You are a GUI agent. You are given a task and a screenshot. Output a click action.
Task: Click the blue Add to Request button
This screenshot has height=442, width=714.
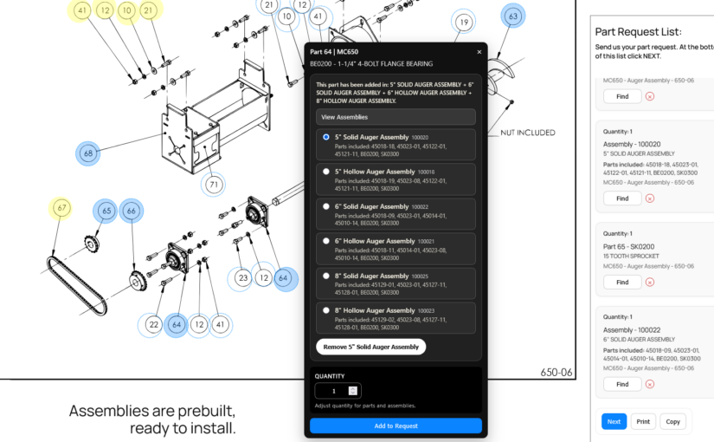396,426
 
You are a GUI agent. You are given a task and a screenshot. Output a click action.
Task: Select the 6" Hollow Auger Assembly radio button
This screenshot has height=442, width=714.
326,241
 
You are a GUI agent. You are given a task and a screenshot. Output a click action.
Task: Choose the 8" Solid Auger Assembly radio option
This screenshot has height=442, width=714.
326,276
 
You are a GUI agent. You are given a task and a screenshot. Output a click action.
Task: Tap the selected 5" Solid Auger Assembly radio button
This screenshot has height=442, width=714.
326,137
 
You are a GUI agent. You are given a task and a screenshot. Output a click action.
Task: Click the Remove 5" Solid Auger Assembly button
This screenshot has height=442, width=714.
370,347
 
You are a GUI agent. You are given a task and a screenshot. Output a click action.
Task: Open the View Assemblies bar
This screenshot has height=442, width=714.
396,117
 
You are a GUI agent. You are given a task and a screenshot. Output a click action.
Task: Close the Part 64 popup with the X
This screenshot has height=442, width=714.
479,52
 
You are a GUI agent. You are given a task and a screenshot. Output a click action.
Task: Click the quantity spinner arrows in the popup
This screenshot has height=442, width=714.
353,391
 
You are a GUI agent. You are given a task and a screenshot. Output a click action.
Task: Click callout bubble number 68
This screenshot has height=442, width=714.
88,153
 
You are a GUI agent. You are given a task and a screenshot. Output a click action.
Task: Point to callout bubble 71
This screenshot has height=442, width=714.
214,185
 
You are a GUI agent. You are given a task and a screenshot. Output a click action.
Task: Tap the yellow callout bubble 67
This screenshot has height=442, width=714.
61,208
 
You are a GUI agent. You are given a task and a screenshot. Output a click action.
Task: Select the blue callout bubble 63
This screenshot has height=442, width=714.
513,16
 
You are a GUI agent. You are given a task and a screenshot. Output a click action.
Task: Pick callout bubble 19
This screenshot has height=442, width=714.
464,22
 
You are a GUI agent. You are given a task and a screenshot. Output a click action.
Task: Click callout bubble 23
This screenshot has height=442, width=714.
242,278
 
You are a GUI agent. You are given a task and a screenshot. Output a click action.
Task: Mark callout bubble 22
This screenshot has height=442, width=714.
153,325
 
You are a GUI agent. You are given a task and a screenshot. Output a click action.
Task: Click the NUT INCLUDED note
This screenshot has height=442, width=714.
528,133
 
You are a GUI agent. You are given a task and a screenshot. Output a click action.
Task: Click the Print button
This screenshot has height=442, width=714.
643,421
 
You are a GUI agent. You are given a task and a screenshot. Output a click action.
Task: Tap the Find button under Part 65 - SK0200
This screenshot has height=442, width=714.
622,282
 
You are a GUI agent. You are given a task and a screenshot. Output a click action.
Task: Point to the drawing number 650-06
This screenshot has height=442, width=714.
556,372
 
